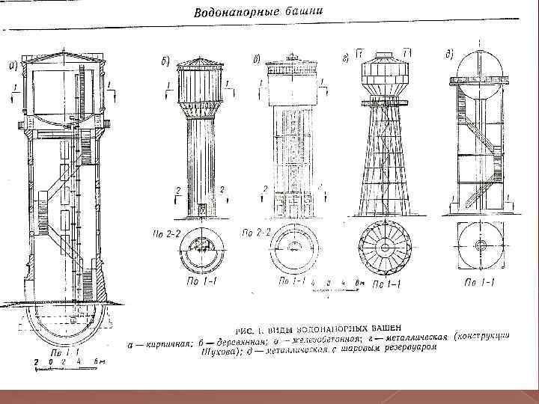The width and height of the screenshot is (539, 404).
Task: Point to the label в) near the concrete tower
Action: click(256, 58)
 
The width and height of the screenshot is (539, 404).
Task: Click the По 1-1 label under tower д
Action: click(479, 283)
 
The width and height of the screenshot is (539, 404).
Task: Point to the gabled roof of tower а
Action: click(64, 57)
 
